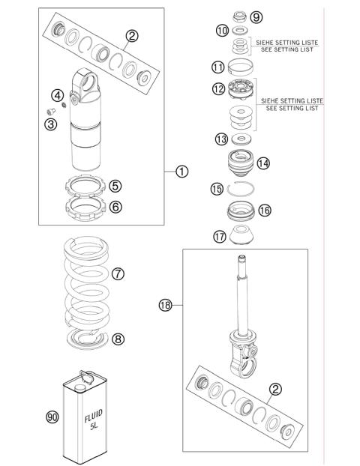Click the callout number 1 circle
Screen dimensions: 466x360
pos(181,171)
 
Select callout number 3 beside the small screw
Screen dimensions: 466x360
pos(50,124)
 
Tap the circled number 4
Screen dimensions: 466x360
pos(56,95)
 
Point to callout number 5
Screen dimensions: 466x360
pos(115,185)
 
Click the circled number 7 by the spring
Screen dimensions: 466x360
pos(117,273)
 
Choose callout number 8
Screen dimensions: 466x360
pos(118,339)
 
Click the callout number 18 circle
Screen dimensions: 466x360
pos(165,305)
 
